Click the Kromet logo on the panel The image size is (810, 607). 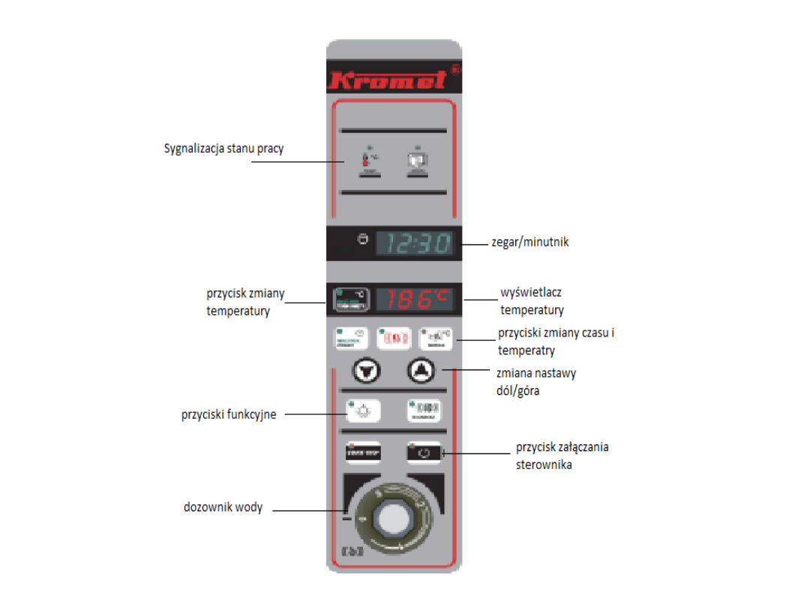pos(388,79)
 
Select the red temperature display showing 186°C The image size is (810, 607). pos(414,300)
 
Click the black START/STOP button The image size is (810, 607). pos(363,453)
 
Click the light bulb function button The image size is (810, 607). pos(363,410)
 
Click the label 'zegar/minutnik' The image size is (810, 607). pos(529,243)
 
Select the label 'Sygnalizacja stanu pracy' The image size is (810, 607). pos(224,148)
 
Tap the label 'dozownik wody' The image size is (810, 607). pos(223,507)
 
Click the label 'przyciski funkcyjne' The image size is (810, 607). pos(228,414)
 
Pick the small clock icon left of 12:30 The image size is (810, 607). pos(363,239)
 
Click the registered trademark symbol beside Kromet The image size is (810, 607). pos(455,69)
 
